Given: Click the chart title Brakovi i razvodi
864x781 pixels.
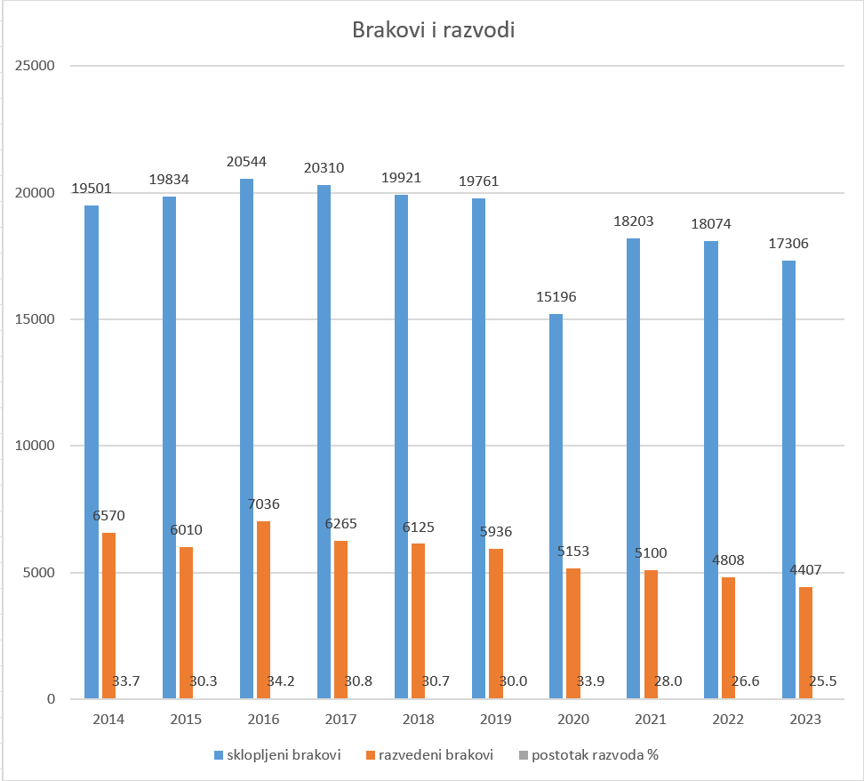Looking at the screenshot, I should pos(433,29).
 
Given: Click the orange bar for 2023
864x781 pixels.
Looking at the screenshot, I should pos(806,642).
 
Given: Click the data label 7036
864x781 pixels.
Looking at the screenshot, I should pos(264,504).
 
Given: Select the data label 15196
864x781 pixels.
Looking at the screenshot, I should pos(556,296).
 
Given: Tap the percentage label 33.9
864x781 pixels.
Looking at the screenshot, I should pos(591,681).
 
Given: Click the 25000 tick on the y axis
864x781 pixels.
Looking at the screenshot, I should pos(36,66).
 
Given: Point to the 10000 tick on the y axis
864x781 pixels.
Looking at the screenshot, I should pos(36,446).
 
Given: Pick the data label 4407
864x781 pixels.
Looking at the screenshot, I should pos(806,569).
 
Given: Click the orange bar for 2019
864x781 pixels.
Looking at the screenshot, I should pos(496,624).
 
